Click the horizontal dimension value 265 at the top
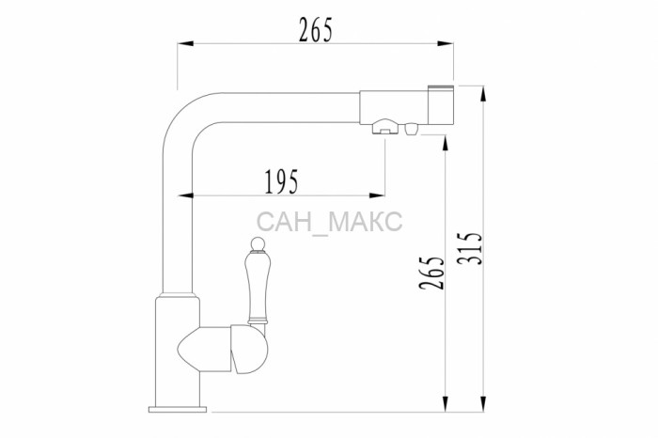tap(316, 30)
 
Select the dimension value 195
tap(282, 181)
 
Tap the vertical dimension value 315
tap(470, 248)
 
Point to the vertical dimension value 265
tap(431, 273)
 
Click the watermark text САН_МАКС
tap(329, 222)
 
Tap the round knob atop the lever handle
tap(258, 243)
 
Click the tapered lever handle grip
tap(258, 286)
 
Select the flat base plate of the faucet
tap(178, 409)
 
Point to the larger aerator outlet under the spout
tap(385, 126)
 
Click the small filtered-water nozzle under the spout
tap(411, 129)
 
